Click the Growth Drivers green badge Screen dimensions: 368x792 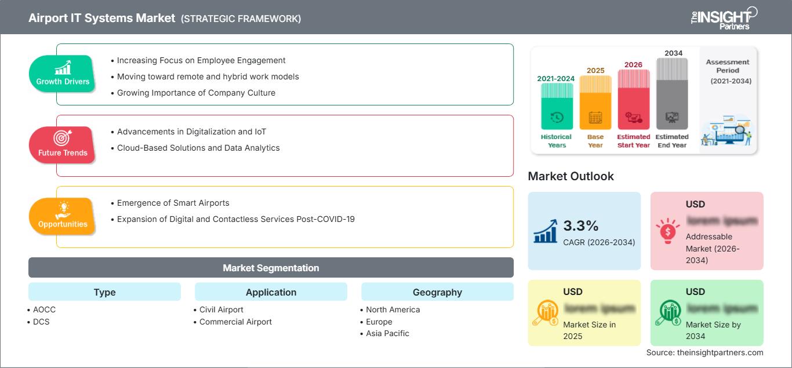[63, 74]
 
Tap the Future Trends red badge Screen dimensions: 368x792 [62, 145]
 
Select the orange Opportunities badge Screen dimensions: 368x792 [63, 216]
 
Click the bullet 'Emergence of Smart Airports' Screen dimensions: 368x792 [173, 203]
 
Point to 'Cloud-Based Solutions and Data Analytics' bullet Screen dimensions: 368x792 [198, 148]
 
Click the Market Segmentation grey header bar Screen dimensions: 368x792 [271, 268]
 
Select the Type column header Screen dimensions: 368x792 [104, 292]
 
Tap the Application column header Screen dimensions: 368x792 [271, 292]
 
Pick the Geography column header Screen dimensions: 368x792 [437, 292]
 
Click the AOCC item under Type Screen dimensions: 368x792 [45, 309]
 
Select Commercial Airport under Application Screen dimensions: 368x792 [235, 322]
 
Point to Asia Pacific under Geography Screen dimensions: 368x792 [387, 333]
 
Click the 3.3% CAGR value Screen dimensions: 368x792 [581, 226]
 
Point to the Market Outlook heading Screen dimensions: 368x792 [571, 176]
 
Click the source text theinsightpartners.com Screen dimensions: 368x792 [705, 352]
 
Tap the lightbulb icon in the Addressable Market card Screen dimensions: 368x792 [667, 231]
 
